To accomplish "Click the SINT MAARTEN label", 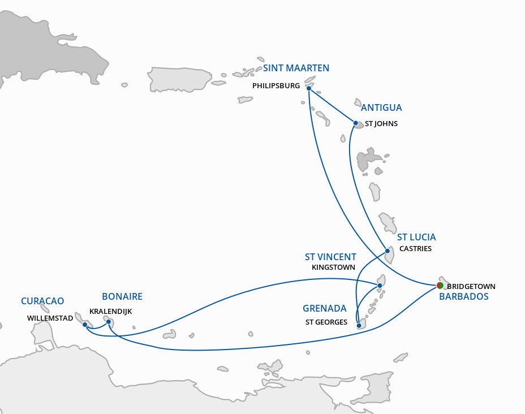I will (x=296, y=68).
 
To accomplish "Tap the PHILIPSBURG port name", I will (x=277, y=87).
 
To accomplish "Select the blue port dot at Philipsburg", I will (x=309, y=88).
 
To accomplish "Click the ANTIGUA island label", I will (x=381, y=107).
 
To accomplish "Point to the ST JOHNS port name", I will (x=381, y=123).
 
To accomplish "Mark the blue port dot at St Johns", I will (x=355, y=123).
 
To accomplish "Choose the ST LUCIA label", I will (x=416, y=237).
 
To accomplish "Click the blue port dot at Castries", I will (x=387, y=251).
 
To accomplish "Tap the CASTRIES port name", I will (x=415, y=249).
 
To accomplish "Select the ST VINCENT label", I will (x=330, y=257).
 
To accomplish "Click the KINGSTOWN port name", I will (x=333, y=268).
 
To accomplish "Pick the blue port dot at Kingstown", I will (x=380, y=286).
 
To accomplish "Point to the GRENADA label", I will (x=325, y=308).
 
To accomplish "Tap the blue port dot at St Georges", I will (x=360, y=325).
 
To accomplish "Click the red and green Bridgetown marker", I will (x=440, y=286).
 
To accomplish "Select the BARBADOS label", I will (x=463, y=296).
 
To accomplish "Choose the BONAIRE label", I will (x=122, y=296).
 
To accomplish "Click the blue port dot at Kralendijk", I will (x=109, y=321).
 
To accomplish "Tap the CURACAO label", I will (x=42, y=301).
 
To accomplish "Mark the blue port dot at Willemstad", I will (x=84, y=324).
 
